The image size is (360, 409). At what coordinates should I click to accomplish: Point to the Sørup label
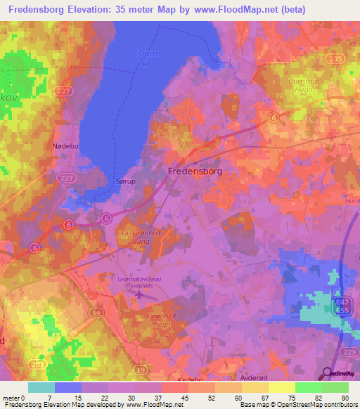pos(124,181)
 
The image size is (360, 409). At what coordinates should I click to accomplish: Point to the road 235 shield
pos(337,60)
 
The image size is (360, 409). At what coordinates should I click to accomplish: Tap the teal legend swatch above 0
pos(41,387)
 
